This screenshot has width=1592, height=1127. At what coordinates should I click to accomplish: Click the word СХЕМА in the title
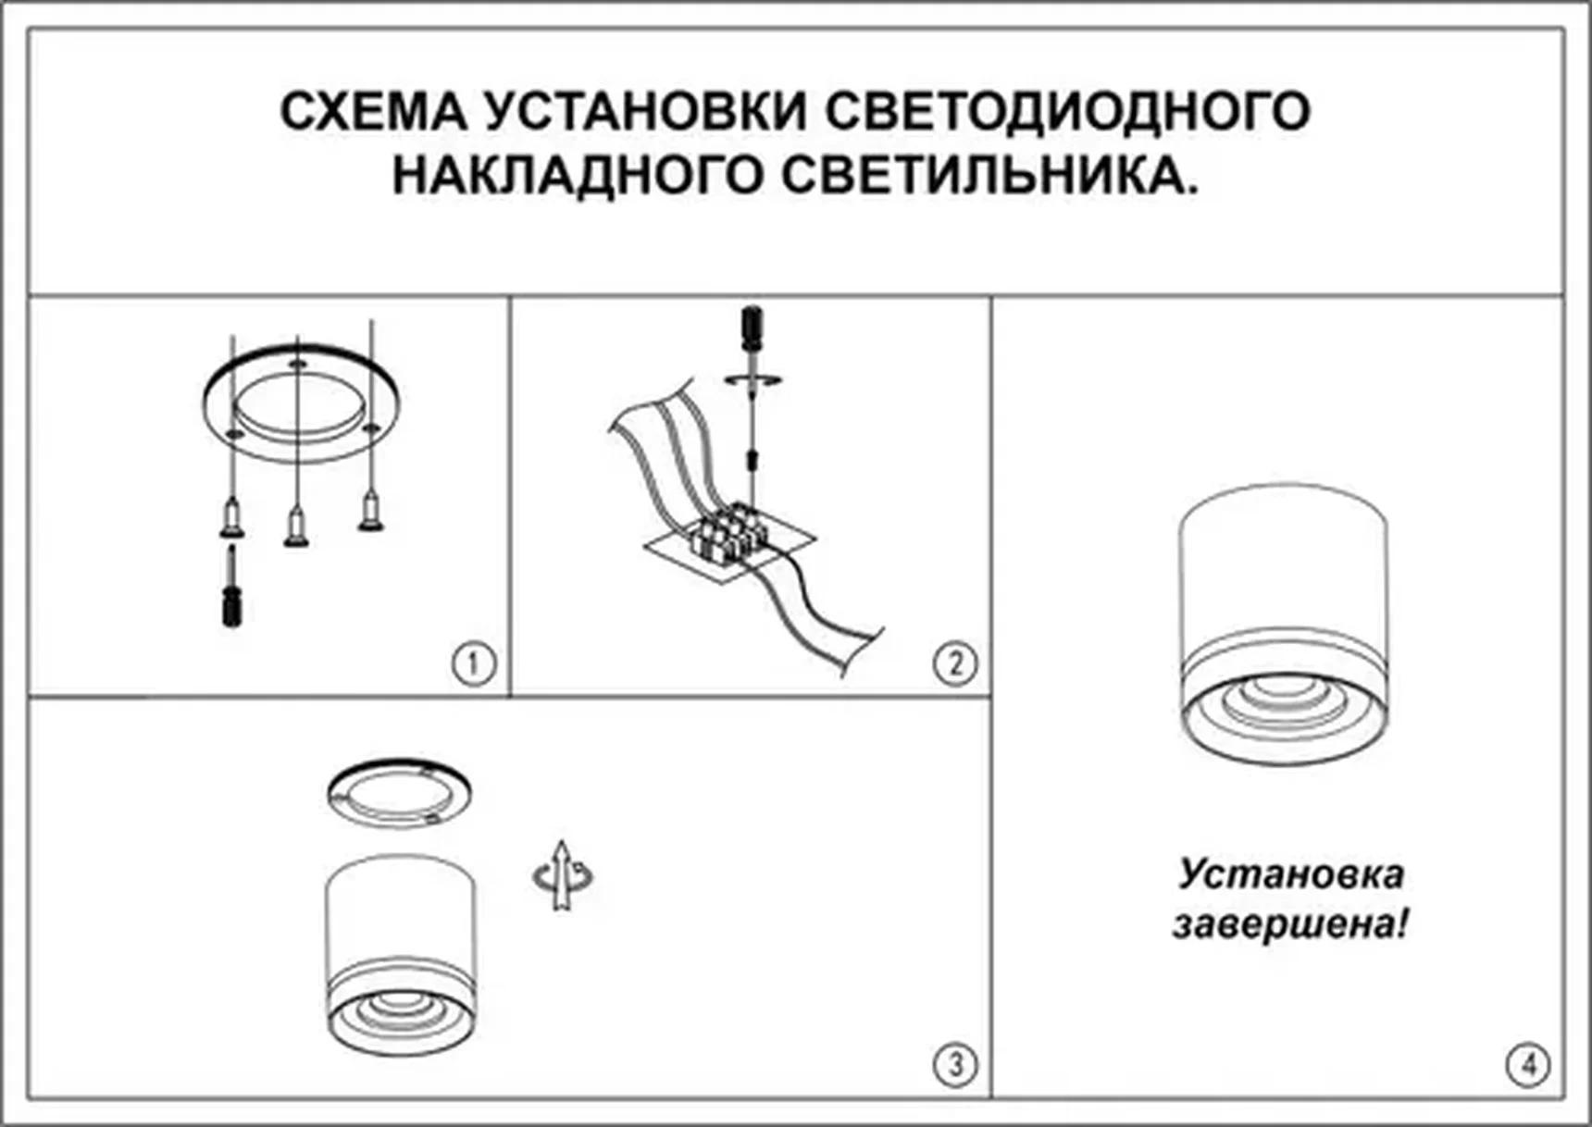click(x=373, y=111)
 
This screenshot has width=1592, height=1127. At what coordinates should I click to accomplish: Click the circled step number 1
click(x=473, y=663)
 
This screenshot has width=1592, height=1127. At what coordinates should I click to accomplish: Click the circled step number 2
click(x=954, y=663)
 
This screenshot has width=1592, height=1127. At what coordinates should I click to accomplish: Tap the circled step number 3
click(x=954, y=1064)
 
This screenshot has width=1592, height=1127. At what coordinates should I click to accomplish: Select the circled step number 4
click(x=1527, y=1064)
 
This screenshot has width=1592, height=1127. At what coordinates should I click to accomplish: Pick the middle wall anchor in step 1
click(x=296, y=527)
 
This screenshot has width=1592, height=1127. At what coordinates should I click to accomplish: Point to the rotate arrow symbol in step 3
click(x=562, y=875)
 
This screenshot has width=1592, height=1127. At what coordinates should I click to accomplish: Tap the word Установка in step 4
click(x=1289, y=874)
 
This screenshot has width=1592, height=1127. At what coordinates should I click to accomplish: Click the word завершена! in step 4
click(x=1289, y=923)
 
